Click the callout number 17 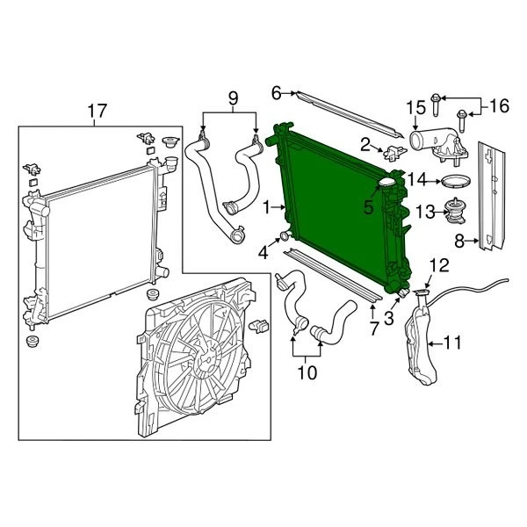pyautogui.click(x=97, y=111)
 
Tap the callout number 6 pyautogui.click(x=276, y=91)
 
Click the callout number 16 pyautogui.click(x=498, y=106)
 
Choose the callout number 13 pyautogui.click(x=424, y=211)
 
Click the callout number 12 pyautogui.click(x=439, y=263)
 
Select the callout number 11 pyautogui.click(x=452, y=342)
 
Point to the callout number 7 pyautogui.click(x=374, y=329)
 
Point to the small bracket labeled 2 pyautogui.click(x=389, y=151)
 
